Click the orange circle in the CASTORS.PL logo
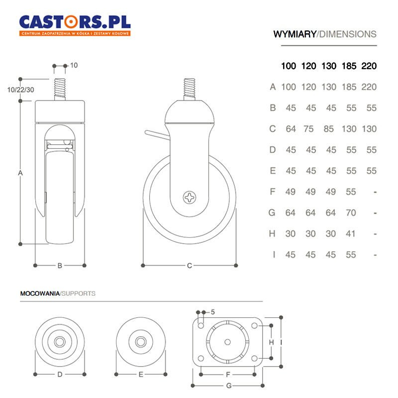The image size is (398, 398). coord(71,22)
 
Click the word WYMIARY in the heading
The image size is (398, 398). coord(295,34)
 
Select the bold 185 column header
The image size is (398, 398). coord(349,66)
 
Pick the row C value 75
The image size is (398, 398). coord(308,129)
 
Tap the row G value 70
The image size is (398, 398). coord(351,213)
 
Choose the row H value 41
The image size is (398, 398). coord(351,233)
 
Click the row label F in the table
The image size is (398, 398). coord(273,192)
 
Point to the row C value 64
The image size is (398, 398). coord(291,129)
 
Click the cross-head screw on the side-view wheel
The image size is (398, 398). coord(190,197)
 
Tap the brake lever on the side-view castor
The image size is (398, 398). coord(156,134)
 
